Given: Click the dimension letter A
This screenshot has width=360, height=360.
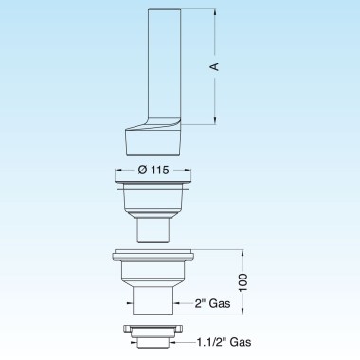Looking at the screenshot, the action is click(x=215, y=66).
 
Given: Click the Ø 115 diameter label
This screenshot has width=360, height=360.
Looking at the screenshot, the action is click(x=153, y=170).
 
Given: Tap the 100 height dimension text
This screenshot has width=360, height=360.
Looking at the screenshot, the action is click(x=243, y=282).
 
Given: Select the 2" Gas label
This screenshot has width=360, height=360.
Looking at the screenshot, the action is click(x=212, y=303).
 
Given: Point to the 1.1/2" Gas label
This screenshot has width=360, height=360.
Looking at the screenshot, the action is click(x=225, y=342).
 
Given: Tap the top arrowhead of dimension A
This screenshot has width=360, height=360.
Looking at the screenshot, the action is click(x=215, y=12).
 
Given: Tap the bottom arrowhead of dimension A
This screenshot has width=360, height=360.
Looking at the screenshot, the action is click(x=215, y=120).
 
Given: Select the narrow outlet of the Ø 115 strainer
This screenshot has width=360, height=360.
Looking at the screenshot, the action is click(x=153, y=230).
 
